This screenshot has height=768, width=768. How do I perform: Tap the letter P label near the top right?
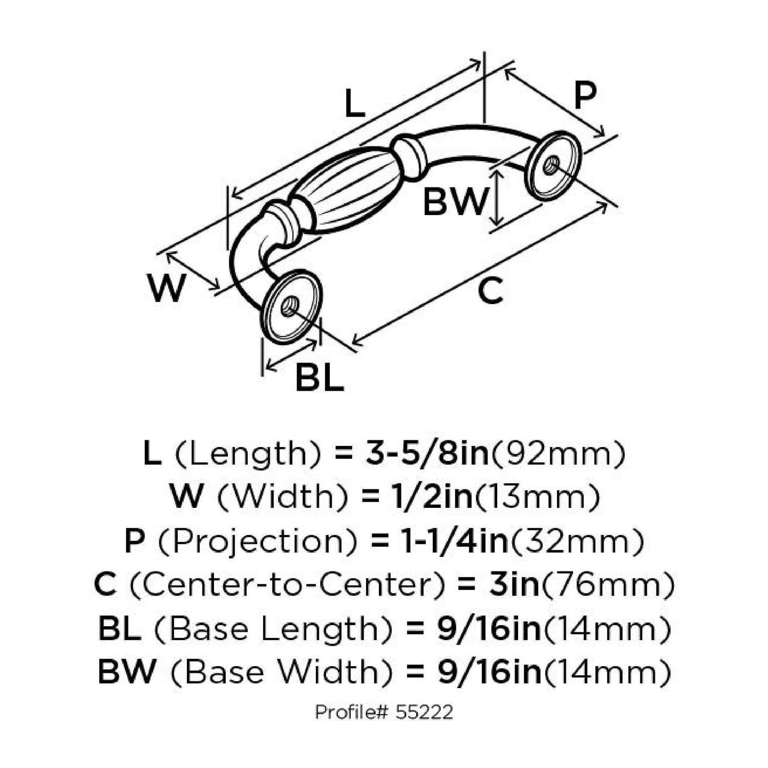tap(585, 96)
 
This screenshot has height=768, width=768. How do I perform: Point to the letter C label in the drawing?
tap(490, 291)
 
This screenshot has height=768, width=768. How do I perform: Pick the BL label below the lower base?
tap(319, 378)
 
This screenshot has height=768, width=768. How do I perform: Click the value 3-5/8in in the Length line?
tap(427, 454)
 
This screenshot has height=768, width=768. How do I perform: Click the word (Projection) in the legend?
tap(258, 541)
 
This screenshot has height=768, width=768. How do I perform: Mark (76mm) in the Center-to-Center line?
tap(608, 585)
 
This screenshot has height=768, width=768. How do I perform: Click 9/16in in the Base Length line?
tap(489, 629)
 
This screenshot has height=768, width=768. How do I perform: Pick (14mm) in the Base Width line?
tap(607, 672)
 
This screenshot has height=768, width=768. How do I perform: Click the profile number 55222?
tap(424, 712)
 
